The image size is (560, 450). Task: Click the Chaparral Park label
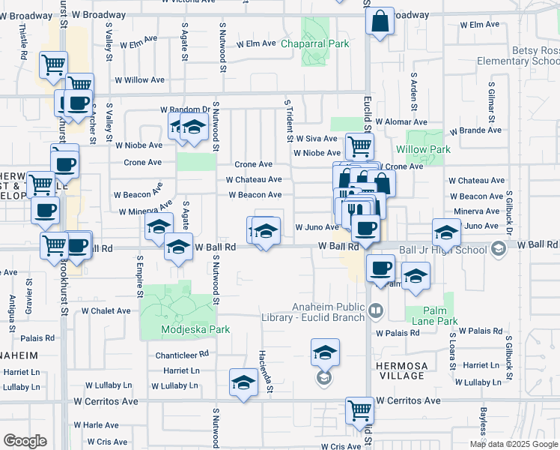click(x=315, y=44)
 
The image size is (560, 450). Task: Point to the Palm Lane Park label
click(x=430, y=321)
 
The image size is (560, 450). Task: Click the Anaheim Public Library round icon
click(x=376, y=309)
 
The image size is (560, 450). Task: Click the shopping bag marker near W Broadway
click(x=380, y=22)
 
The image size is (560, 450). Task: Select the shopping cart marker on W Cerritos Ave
click(x=359, y=411)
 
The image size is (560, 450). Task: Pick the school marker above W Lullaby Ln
click(x=243, y=383)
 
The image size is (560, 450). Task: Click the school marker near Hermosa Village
click(x=325, y=352)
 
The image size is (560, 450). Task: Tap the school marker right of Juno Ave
click(x=446, y=232)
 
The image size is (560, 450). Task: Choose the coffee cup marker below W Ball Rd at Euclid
click(x=380, y=268)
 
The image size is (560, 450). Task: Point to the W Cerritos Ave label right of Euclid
click(x=409, y=401)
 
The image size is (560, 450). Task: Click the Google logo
click(x=25, y=441)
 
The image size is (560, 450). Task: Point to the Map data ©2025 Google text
click(x=513, y=444)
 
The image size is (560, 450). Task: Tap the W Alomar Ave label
click(x=401, y=121)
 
